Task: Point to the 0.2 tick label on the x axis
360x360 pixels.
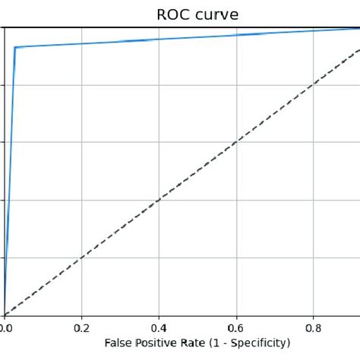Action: tap(81, 328)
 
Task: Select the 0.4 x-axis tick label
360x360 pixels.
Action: tap(159, 328)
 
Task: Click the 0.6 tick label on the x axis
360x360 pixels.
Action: tap(236, 328)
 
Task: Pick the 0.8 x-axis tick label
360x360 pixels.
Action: tap(314, 328)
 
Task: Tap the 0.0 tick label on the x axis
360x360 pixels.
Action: tap(6, 328)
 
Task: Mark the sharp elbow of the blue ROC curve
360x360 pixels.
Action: tap(14, 47)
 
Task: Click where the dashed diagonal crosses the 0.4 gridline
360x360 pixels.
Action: tap(159, 201)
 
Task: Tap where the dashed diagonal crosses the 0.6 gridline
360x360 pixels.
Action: tap(236, 143)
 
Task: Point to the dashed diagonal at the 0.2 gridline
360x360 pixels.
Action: tap(81, 257)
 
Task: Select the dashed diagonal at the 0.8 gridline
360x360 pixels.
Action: tap(314, 85)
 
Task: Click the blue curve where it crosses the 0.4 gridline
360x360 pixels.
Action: tap(159, 39)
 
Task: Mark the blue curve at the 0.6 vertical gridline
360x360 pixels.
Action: tap(236, 35)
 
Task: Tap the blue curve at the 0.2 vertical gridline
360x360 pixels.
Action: tap(81, 43)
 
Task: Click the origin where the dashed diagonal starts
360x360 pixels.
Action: tap(5, 314)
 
